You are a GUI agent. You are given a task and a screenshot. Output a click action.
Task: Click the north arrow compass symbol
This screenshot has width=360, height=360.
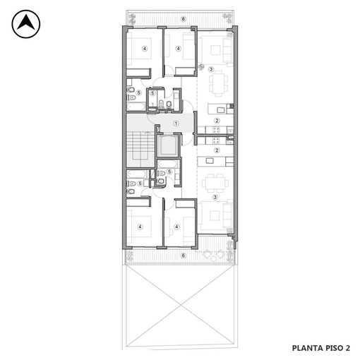click(x=26, y=24)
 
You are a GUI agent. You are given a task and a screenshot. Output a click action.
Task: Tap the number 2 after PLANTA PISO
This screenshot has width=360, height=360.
click(x=347, y=348)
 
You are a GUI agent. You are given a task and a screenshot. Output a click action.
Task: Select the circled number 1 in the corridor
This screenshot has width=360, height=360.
click(x=176, y=124)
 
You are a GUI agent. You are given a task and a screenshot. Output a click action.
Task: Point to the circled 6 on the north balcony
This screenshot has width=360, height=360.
click(x=184, y=19)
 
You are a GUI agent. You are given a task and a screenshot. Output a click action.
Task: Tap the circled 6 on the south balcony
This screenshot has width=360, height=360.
click(x=184, y=256)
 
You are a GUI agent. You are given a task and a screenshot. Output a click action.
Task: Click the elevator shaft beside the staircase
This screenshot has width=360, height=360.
click(x=168, y=146)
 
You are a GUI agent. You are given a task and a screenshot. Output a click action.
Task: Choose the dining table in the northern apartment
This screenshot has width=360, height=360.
click(x=218, y=83)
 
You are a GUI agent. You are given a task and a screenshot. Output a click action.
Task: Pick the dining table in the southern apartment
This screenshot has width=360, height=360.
click(x=215, y=184)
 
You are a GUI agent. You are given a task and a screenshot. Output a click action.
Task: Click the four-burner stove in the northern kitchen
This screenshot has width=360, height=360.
click(x=216, y=130)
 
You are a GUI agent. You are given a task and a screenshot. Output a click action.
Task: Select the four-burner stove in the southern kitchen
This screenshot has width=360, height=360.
click(x=216, y=140)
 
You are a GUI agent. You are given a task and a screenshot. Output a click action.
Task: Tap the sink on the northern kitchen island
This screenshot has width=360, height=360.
click(x=221, y=110)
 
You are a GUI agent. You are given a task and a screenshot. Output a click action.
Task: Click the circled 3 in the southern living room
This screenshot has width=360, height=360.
click(x=215, y=197)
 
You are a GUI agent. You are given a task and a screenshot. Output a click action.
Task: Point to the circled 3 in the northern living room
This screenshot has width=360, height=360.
click(x=211, y=69)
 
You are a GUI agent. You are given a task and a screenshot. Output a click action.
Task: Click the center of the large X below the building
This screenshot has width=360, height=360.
click(x=181, y=305)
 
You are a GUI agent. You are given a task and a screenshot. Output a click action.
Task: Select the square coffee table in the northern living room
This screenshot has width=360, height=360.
click(x=215, y=50)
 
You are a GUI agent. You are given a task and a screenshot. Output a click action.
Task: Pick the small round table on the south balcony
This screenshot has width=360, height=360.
click(x=213, y=259)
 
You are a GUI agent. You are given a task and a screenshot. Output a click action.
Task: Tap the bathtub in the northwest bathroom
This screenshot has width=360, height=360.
click(x=136, y=107)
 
